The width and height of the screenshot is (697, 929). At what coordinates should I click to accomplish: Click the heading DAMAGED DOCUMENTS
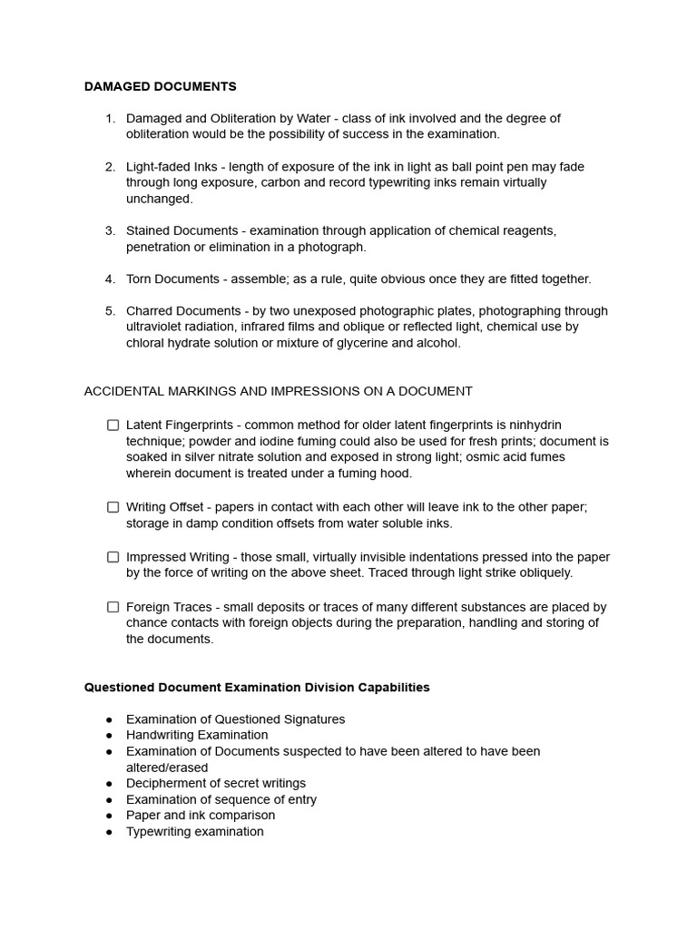tap(160, 86)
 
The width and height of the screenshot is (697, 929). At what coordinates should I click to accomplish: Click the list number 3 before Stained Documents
tap(110, 230)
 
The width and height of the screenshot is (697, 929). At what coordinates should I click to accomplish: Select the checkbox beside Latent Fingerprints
tap(113, 425)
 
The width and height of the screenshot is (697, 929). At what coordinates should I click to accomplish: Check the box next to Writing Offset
tap(113, 507)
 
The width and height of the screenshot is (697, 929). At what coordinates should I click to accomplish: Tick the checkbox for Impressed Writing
tap(113, 557)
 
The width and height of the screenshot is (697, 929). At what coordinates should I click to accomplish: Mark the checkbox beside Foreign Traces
tap(113, 607)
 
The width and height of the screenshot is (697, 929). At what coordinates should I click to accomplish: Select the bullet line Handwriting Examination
tap(197, 735)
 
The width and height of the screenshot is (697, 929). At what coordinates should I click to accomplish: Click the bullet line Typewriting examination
tap(194, 831)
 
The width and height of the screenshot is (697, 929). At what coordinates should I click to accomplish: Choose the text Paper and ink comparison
tap(200, 815)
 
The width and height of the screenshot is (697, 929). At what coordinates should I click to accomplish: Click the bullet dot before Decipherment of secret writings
tap(110, 783)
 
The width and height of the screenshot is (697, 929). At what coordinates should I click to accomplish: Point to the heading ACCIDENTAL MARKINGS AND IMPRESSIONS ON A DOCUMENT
tap(278, 391)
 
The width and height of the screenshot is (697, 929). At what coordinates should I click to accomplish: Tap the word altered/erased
tap(167, 768)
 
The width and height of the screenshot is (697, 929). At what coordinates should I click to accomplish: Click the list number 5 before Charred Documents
tap(110, 310)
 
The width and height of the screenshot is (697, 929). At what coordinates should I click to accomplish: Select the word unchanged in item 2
tap(159, 199)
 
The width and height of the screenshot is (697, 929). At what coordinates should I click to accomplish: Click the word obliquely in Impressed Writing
tap(544, 572)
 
